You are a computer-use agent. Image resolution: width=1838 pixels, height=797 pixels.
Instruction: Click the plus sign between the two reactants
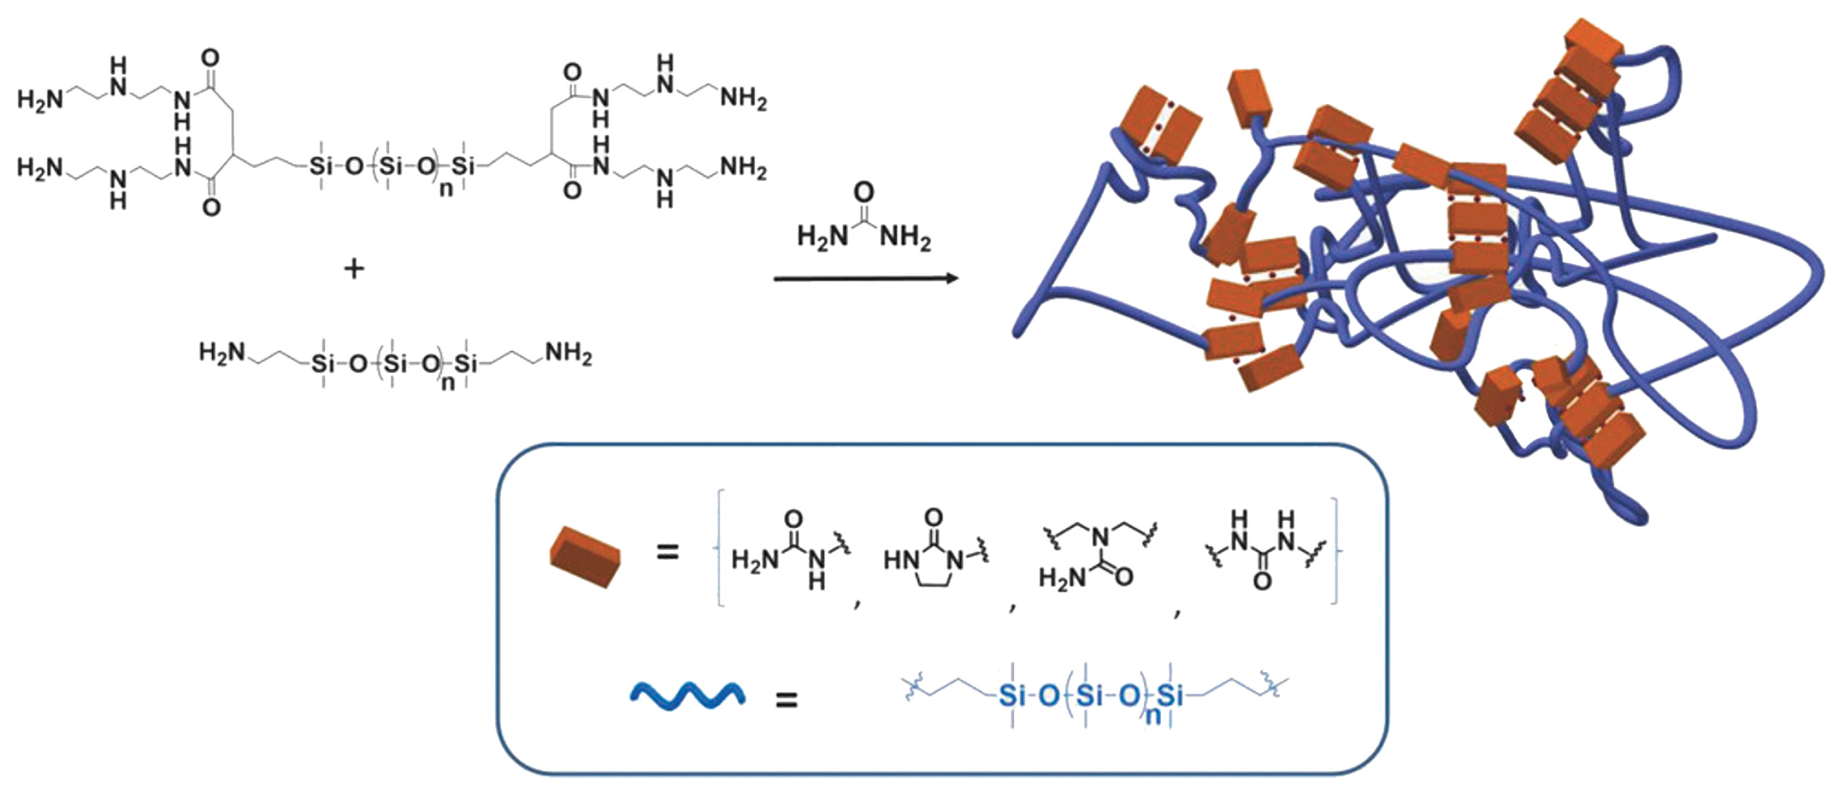pyautogui.click(x=354, y=269)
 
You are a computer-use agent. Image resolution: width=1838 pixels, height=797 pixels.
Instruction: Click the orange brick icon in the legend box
pyautogui.click(x=585, y=556)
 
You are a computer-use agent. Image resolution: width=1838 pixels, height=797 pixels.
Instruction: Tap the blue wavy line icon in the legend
pyautogui.click(x=688, y=695)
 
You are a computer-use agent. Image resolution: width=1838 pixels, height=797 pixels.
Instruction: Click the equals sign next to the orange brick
pyautogui.click(x=667, y=551)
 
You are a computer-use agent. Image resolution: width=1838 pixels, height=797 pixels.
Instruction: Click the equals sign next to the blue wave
pyautogui.click(x=786, y=700)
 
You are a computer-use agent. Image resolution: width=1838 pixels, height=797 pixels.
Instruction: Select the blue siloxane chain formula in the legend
pyautogui.click(x=1092, y=695)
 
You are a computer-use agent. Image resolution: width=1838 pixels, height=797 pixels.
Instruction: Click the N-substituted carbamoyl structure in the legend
pyautogui.click(x=1092, y=556)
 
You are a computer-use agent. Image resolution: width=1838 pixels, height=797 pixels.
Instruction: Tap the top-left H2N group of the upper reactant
pyautogui.click(x=39, y=99)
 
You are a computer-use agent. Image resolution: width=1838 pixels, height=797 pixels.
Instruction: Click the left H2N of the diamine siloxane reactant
pyautogui.click(x=222, y=353)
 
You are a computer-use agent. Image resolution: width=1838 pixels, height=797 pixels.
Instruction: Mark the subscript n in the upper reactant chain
pyautogui.click(x=446, y=189)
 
